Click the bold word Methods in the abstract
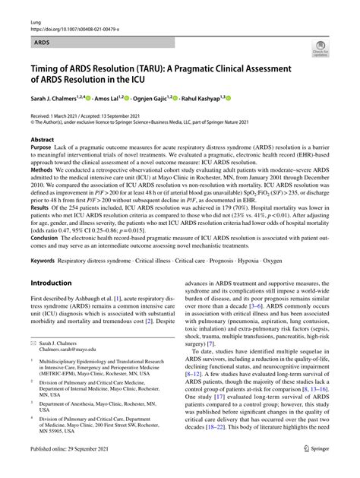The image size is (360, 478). [43, 171]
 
